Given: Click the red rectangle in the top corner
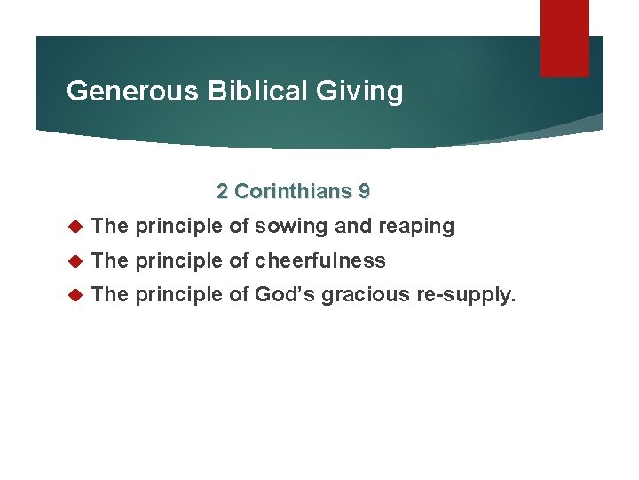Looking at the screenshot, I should pos(564,39).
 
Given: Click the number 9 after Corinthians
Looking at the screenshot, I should pos(364,191).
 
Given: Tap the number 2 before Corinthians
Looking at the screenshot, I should pos(223,191).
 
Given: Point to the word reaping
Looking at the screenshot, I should pos(415,228).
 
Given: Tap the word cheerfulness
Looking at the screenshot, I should pos(320,261).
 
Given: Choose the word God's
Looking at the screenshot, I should pos(285,295).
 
